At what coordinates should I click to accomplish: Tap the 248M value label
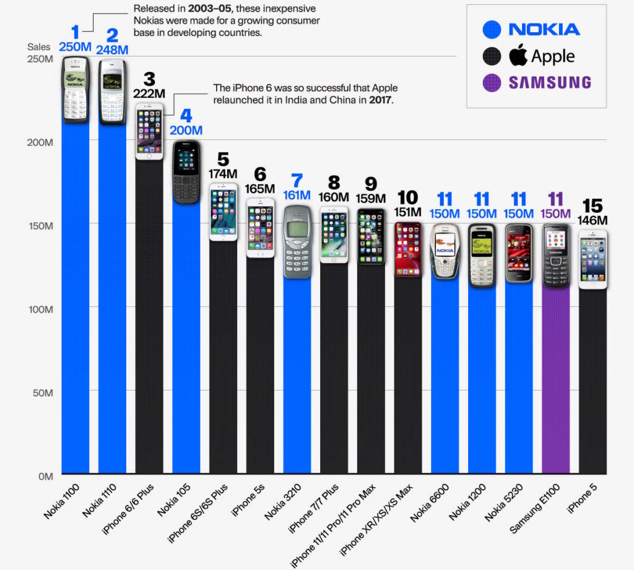112,50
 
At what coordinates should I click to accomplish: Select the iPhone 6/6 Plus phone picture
149,131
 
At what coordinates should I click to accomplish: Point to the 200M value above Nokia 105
186,131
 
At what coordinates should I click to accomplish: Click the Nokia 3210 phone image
297,241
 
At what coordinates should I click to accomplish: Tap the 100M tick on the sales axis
40,309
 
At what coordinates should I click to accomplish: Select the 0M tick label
45,476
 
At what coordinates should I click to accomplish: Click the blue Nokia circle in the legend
492,29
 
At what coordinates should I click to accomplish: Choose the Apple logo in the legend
518,56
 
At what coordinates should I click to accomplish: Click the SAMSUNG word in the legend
550,83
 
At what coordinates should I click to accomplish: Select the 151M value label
408,212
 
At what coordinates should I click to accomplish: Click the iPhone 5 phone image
593,259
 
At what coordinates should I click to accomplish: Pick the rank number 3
149,79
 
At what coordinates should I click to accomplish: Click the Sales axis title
38,47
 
